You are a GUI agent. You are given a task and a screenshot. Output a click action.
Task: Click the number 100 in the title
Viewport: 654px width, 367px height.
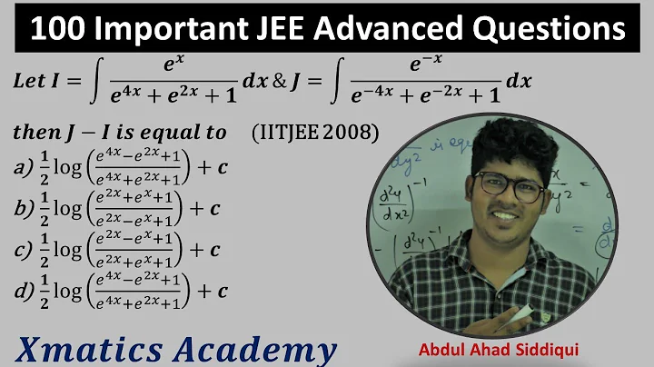[x=58, y=29]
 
